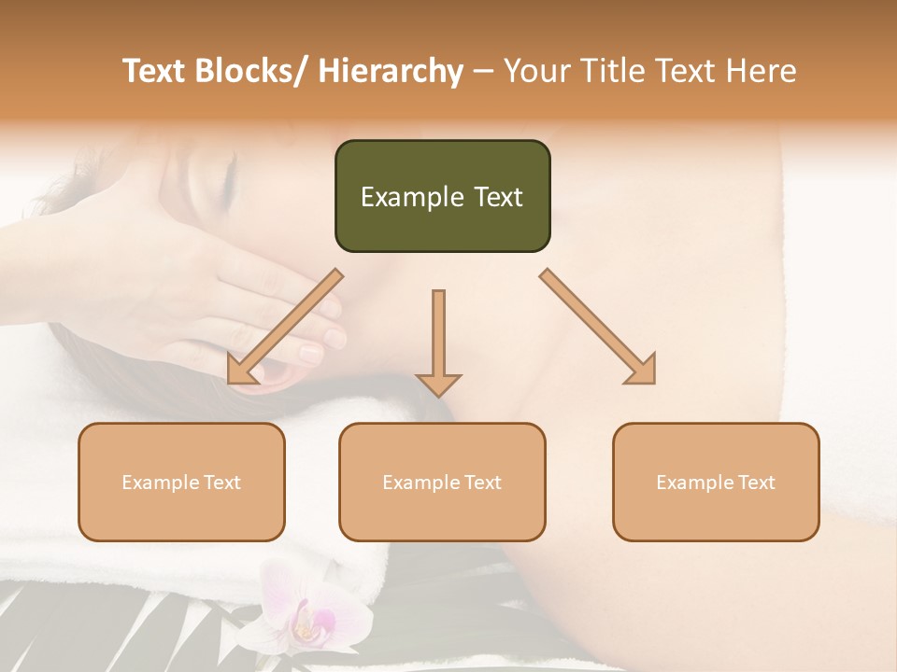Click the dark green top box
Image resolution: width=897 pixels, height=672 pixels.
point(442,196)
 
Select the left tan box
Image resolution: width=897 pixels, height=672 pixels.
point(181,482)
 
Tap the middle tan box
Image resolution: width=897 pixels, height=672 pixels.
point(442,482)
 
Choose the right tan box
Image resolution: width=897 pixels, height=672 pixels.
point(716,482)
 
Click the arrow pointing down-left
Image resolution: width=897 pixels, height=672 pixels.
point(284,328)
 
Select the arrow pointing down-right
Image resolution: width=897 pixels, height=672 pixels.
point(598,328)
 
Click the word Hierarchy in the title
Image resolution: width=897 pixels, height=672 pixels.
point(391,71)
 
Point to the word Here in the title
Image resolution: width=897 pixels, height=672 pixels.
point(762,71)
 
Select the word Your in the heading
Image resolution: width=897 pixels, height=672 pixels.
point(535,71)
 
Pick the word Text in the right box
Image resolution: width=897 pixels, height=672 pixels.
point(756,483)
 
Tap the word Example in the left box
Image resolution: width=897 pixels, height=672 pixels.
point(160,483)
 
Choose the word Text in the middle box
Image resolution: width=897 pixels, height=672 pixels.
point(482,483)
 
